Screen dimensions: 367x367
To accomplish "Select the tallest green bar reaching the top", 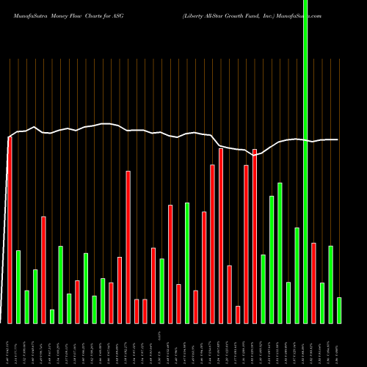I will click(305, 161).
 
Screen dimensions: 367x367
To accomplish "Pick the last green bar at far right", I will click(339, 310).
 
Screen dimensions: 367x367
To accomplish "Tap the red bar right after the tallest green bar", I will click(313, 283).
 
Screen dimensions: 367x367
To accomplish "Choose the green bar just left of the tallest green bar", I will click(297, 275).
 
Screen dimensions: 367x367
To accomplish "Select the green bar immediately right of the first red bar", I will click(18, 286).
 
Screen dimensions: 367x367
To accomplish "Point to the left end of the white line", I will click(7, 137).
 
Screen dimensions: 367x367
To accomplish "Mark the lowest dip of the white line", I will click(255, 155).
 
